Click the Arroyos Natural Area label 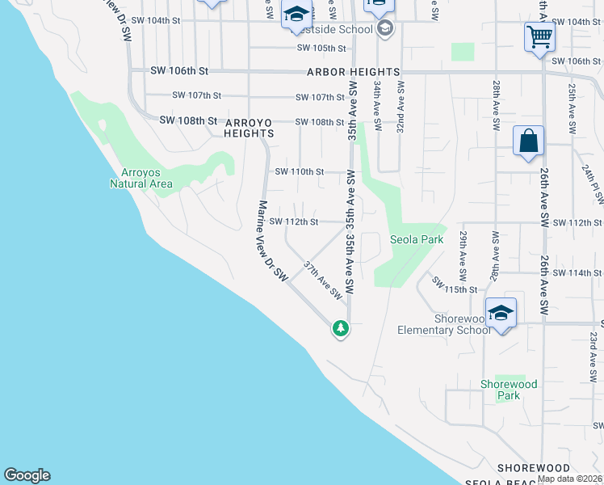[141, 178]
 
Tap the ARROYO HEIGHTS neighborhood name [254, 128]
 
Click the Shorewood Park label [509, 390]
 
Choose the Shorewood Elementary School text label [443, 324]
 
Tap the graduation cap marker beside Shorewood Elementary [501, 312]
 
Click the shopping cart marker [539, 36]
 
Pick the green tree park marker [341, 328]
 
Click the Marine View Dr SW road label [271, 241]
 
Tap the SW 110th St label [299, 171]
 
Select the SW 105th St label [321, 48]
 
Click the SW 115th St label [450, 285]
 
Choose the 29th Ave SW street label [463, 251]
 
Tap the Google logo [27, 475]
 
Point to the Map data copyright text [569, 479]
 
